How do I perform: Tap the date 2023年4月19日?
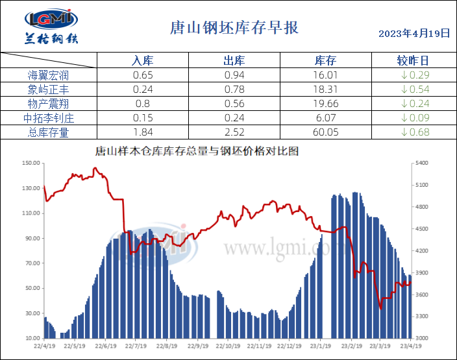coord(414,33)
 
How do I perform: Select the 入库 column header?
coord(142,61)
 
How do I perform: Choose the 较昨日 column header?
coord(413,61)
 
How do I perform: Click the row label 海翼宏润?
coord(49,75)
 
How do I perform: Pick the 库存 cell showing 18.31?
coord(325,90)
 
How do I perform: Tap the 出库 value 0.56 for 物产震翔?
coord(234,104)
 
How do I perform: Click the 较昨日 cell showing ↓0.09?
coord(413,118)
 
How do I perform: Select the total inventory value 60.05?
coord(325,132)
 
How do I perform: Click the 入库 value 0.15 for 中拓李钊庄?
coord(142,118)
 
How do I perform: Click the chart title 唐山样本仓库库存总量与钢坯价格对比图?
coord(197,151)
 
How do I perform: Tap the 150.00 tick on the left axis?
coord(31,163)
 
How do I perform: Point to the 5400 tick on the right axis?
coord(422,163)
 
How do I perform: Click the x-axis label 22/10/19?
coord(228,346)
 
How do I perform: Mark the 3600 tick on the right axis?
coord(422,294)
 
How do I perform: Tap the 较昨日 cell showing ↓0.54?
coord(413,90)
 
